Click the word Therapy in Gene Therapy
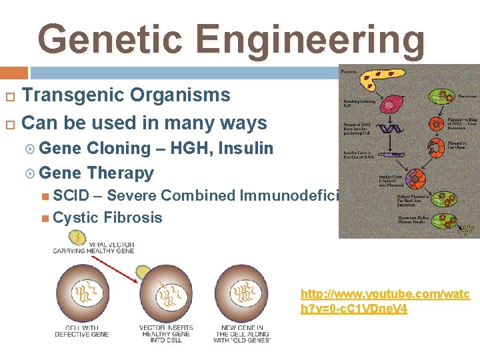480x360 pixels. pyautogui.click(x=120, y=173)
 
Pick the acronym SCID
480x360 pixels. pyautogui.click(x=75, y=196)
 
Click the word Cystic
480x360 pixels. pyautogui.click(x=75, y=217)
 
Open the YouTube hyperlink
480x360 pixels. pyautogui.click(x=385, y=301)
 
